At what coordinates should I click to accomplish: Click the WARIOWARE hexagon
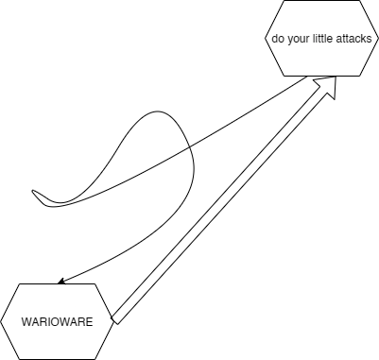tap(57, 321)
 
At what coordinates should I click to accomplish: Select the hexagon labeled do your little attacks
tap(321, 38)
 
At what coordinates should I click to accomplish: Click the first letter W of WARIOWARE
tap(27, 322)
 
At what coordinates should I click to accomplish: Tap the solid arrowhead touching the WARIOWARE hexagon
tap(62, 281)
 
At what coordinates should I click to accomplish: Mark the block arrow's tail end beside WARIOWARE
tap(114, 319)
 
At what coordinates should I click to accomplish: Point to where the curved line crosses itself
tap(189, 146)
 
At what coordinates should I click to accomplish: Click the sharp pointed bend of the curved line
tap(33, 191)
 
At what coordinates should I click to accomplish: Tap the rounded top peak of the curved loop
tap(158, 111)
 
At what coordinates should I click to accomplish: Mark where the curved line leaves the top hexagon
tap(307, 77)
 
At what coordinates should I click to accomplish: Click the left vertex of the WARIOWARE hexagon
tap(1, 321)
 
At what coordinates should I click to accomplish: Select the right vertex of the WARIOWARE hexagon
tap(113, 321)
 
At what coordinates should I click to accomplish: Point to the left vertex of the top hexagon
tap(266, 38)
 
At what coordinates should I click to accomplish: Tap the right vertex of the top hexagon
tap(378, 38)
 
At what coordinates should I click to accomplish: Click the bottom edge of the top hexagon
tap(321, 76)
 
